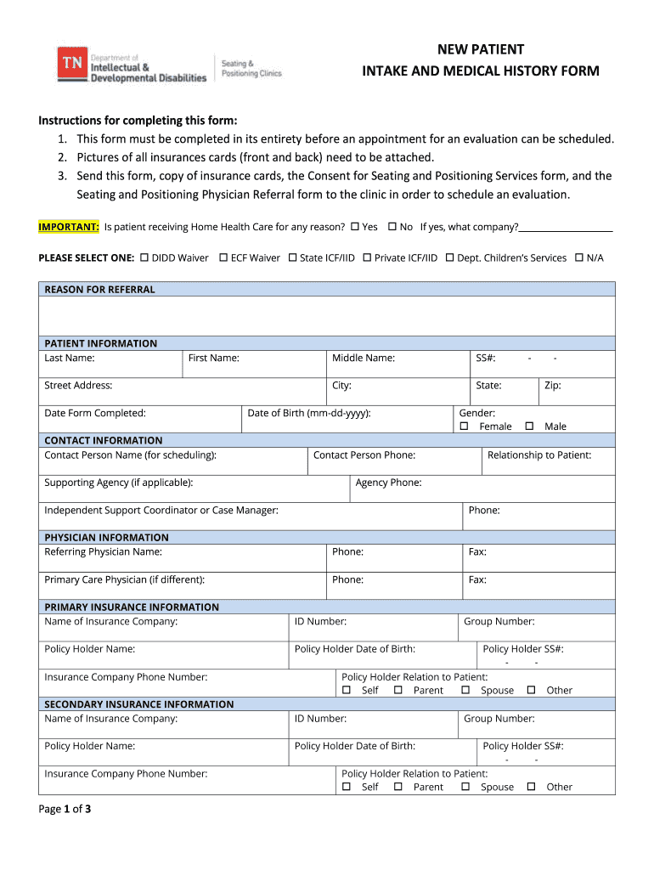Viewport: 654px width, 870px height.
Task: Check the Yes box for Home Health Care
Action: click(x=354, y=227)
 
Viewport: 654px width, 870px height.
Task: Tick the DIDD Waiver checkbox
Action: click(x=144, y=257)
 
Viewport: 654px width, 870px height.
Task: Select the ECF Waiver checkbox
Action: click(x=223, y=257)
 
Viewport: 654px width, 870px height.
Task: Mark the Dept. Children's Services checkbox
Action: click(x=449, y=257)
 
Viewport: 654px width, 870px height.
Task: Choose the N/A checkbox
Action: click(x=578, y=257)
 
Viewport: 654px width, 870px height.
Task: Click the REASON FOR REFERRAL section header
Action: click(x=99, y=290)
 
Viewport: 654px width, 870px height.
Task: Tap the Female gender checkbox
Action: click(x=464, y=426)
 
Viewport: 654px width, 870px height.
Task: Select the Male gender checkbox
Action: click(x=529, y=426)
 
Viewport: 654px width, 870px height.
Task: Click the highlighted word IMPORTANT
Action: click(x=69, y=227)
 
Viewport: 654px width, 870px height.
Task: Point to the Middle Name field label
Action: click(x=363, y=358)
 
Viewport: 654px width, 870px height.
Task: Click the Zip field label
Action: click(x=552, y=386)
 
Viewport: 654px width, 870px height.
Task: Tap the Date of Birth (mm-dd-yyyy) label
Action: click(x=308, y=413)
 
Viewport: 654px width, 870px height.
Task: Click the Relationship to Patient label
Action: click(x=538, y=455)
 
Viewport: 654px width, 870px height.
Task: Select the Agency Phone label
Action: click(x=388, y=483)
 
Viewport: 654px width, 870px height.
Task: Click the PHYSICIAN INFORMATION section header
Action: click(x=106, y=538)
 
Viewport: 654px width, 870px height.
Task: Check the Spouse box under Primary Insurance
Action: click(x=465, y=690)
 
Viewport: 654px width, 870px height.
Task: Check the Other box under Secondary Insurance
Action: click(x=531, y=787)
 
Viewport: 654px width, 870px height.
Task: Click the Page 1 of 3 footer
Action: click(x=65, y=809)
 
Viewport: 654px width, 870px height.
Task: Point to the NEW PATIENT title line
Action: click(x=480, y=49)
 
